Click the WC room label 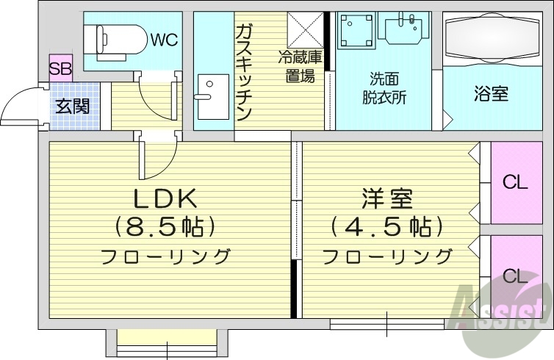click(165, 40)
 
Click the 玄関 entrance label click(73, 106)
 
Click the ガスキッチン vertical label click(245, 72)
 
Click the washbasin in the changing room click(403, 28)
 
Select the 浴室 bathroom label click(491, 94)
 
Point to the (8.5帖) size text click(165, 226)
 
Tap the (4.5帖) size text click(386, 226)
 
